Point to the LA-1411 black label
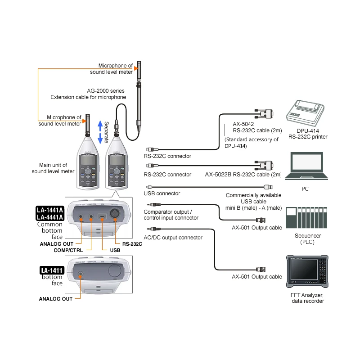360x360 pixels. pos(52,270)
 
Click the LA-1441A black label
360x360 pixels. pos(49,209)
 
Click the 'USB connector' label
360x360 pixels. pos(162,193)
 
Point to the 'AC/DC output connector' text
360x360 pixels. pos(173,238)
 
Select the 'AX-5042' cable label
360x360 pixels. pos(244,124)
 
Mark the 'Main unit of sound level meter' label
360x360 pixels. pos(53,168)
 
